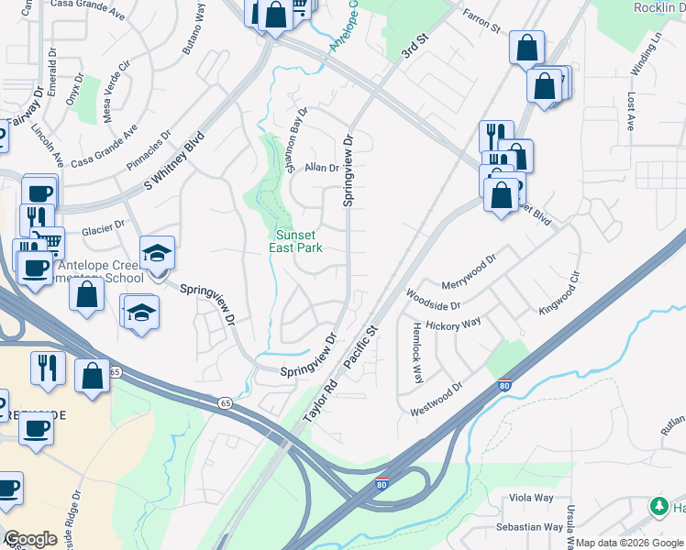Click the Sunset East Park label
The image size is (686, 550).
coord(296,241)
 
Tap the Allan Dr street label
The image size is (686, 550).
coord(322,168)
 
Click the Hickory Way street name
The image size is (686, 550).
coord(460,324)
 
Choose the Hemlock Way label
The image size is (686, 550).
coord(417,352)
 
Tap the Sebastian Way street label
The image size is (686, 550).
coord(529,527)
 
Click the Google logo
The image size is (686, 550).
coord(30,539)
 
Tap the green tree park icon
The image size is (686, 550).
coord(658,506)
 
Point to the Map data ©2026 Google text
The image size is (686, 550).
coord(629,543)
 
